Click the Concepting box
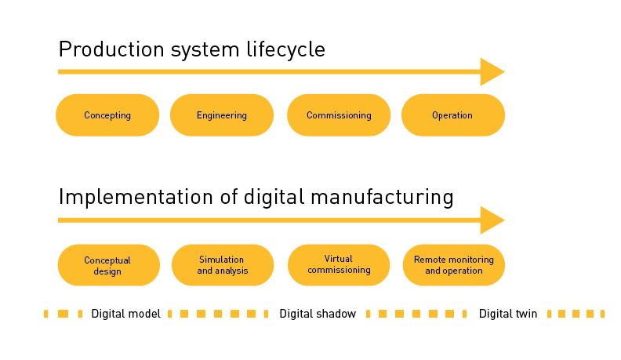pyautogui.click(x=107, y=115)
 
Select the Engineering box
pyautogui.click(x=222, y=115)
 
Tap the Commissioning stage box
pyautogui.click(x=339, y=115)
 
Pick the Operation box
pyautogui.click(x=453, y=115)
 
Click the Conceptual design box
pyautogui.click(x=109, y=265)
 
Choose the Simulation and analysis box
pyautogui.click(x=223, y=265)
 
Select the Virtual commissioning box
pyautogui.click(x=339, y=265)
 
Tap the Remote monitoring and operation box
pyautogui.click(x=454, y=265)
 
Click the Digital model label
pyautogui.click(x=126, y=314)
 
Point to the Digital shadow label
pyautogui.click(x=318, y=314)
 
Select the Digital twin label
pyautogui.click(x=508, y=314)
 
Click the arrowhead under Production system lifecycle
pyautogui.click(x=492, y=71)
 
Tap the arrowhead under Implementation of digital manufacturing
pyautogui.click(x=492, y=220)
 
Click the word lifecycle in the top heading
pyautogui.click(x=285, y=49)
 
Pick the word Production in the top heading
pyautogui.click(x=111, y=49)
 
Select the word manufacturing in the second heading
pyautogui.click(x=382, y=197)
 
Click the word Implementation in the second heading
pyautogui.click(x=136, y=197)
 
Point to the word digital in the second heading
pyautogui.click(x=274, y=197)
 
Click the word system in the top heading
pyautogui.click(x=205, y=51)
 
